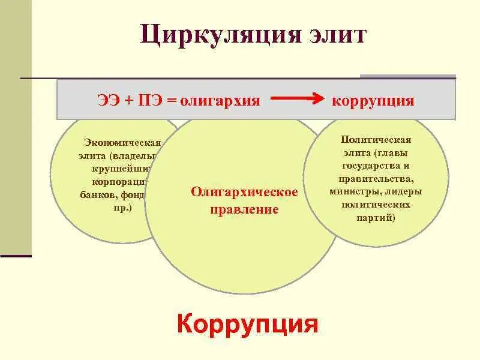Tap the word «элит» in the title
tap(333, 34)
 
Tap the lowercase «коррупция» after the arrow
tap(373, 100)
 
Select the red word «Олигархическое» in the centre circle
tap(244, 193)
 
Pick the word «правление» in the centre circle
tap(244, 210)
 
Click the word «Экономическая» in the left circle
tap(122, 142)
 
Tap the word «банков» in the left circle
tap(98, 194)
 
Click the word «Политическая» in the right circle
tap(375, 139)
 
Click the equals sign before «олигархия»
tap(172, 100)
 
